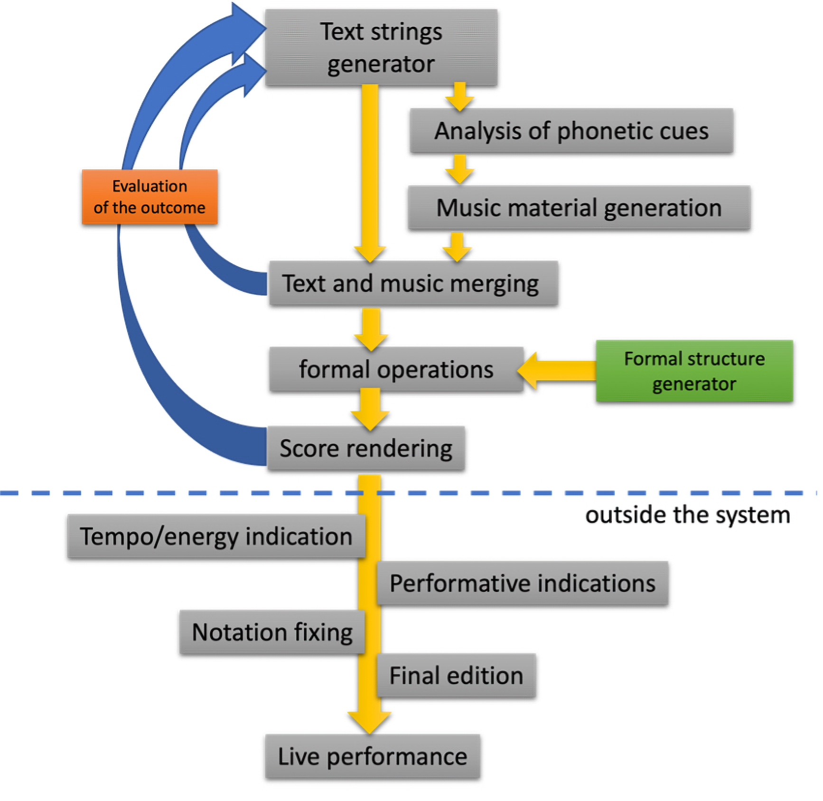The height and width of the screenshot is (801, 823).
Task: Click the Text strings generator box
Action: (x=381, y=48)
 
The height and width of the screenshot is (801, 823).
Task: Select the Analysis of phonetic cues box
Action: (x=571, y=131)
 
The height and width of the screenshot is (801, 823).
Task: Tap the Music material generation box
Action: (x=579, y=208)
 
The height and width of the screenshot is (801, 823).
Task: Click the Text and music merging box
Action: (x=413, y=283)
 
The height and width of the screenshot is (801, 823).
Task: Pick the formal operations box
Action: (x=396, y=369)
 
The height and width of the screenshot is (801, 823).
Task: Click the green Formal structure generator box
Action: (x=694, y=371)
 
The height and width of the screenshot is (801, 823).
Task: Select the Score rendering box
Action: (x=365, y=448)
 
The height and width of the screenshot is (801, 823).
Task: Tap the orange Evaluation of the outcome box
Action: (x=150, y=197)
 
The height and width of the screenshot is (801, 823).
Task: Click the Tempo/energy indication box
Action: (x=216, y=536)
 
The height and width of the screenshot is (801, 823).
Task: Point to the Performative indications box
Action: (x=522, y=583)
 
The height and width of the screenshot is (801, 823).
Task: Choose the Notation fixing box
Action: (x=272, y=632)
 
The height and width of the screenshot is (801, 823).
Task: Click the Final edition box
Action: (x=456, y=675)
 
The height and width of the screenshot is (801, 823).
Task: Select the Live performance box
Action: (x=373, y=756)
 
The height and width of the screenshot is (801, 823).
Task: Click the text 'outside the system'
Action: (x=687, y=515)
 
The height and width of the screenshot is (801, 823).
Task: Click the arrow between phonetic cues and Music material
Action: (x=459, y=169)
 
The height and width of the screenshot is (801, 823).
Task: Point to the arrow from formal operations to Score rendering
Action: (x=370, y=409)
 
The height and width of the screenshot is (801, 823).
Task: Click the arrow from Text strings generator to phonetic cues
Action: (x=459, y=97)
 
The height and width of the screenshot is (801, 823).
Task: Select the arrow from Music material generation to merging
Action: (x=457, y=247)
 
